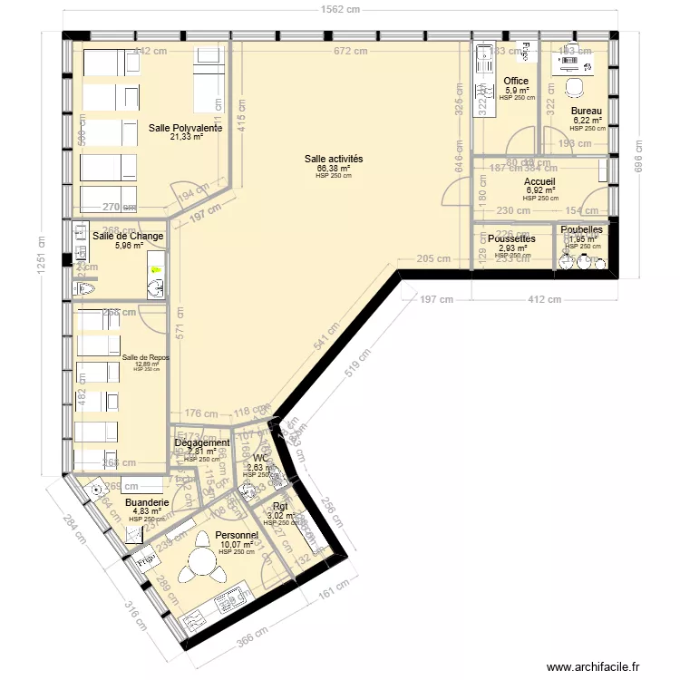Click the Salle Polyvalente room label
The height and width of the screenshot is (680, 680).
click(x=186, y=129)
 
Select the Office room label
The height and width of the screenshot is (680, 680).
click(x=517, y=81)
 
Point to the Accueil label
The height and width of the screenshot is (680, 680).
click(x=540, y=182)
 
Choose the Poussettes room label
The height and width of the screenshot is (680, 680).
click(x=511, y=238)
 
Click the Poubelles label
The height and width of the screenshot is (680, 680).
click(x=582, y=230)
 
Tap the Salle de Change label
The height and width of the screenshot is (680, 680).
click(x=128, y=236)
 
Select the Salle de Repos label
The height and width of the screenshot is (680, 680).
click(x=145, y=357)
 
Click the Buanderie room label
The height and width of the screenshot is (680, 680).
click(x=146, y=502)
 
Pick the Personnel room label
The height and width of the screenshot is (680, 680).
click(x=237, y=536)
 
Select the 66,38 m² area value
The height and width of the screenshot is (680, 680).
click(x=334, y=168)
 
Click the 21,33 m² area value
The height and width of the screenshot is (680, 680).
click(x=186, y=138)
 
